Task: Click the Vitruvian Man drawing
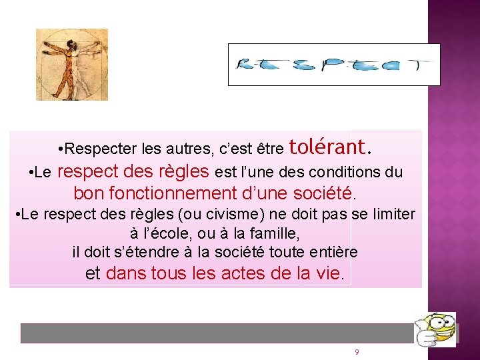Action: (71, 65)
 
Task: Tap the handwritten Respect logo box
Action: (334, 65)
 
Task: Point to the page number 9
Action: (357, 352)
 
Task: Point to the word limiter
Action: (393, 215)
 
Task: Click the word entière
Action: (335, 253)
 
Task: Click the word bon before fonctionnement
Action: (87, 194)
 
